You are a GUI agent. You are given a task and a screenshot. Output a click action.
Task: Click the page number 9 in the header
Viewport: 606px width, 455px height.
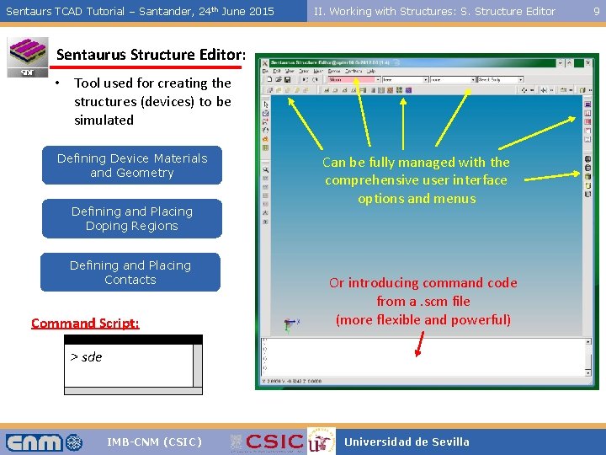coord(597,11)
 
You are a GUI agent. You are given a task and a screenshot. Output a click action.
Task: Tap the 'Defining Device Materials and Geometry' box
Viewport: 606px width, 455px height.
coord(132,165)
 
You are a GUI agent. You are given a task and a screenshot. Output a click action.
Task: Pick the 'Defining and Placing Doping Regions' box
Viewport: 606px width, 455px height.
coord(132,218)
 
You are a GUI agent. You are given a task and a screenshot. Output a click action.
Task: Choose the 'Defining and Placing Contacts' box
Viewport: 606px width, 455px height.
coord(130,272)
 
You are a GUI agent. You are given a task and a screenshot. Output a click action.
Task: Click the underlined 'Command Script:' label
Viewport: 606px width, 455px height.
coord(85,323)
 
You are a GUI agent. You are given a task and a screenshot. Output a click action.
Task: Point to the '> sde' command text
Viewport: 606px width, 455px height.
coord(86,356)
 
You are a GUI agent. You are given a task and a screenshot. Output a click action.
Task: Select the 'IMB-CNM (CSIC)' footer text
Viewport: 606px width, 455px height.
coord(154,442)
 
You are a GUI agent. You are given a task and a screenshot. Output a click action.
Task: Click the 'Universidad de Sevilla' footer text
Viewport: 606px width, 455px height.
coord(407,442)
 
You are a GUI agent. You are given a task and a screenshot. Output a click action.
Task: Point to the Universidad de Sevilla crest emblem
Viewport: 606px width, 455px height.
coord(321,441)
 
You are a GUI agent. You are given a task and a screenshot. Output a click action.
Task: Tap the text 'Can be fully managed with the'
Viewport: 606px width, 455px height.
coord(417,162)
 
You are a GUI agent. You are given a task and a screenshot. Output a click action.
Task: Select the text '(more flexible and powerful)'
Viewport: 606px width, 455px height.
coord(423,319)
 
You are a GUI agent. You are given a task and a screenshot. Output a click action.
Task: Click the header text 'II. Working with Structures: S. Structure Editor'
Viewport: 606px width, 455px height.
coord(434,11)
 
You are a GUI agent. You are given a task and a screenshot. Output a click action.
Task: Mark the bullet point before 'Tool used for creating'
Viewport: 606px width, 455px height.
coord(55,83)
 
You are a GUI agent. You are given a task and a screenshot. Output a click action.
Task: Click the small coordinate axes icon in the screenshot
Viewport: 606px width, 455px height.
coord(291,323)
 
